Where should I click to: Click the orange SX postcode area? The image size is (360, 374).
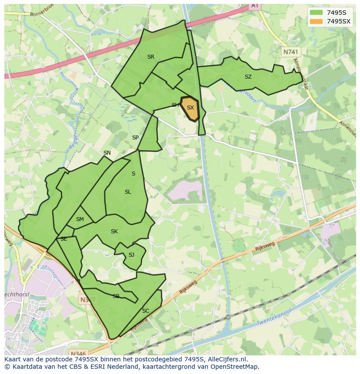click(190, 108)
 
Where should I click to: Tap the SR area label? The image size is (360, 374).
click(151, 57)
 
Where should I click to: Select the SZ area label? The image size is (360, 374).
click(248, 77)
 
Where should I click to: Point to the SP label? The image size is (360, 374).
click(135, 138)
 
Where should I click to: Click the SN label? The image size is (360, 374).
click(107, 153)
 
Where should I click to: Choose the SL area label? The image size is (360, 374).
click(128, 192)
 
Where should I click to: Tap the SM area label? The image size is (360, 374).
click(80, 219)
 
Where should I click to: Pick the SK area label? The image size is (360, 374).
click(114, 232)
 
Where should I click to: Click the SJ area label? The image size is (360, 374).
click(131, 255)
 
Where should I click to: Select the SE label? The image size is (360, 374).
click(64, 239)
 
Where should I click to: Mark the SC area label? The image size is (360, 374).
click(146, 311)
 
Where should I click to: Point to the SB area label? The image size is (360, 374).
click(116, 296)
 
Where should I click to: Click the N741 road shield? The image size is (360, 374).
click(291, 52)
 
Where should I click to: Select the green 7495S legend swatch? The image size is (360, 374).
click(316, 13)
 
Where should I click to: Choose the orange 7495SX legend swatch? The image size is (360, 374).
click(316, 21)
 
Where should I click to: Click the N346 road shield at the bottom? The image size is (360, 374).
click(78, 353)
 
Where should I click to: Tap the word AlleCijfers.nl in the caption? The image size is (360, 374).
click(227, 359)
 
